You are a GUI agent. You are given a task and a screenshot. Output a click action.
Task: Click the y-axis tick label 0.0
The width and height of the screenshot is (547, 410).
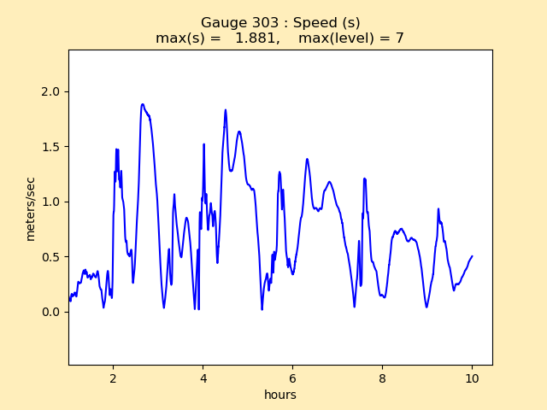[x=50, y=312]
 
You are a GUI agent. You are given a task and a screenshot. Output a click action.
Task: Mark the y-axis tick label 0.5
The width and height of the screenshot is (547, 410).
[x=50, y=257]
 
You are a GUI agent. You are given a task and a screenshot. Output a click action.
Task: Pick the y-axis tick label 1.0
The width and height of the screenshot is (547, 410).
[x=50, y=202]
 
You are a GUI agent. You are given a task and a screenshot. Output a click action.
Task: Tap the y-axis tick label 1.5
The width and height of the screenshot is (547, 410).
[x=50, y=147]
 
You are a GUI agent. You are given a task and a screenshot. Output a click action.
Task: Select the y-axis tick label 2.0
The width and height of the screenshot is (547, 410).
[x=50, y=92]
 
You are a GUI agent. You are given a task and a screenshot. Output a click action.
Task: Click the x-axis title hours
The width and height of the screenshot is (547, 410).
[x=280, y=395]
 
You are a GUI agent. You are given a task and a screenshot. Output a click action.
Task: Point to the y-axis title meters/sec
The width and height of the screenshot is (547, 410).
[x=31, y=208]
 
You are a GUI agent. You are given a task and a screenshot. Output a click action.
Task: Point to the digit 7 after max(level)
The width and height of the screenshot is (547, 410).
[x=399, y=38]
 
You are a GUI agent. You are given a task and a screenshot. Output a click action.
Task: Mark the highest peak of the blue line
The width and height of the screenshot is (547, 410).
[x=143, y=104]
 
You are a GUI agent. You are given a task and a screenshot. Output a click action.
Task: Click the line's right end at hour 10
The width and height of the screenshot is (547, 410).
[x=472, y=256]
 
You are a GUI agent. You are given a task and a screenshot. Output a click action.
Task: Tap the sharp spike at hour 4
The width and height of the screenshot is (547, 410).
[x=203, y=144]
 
